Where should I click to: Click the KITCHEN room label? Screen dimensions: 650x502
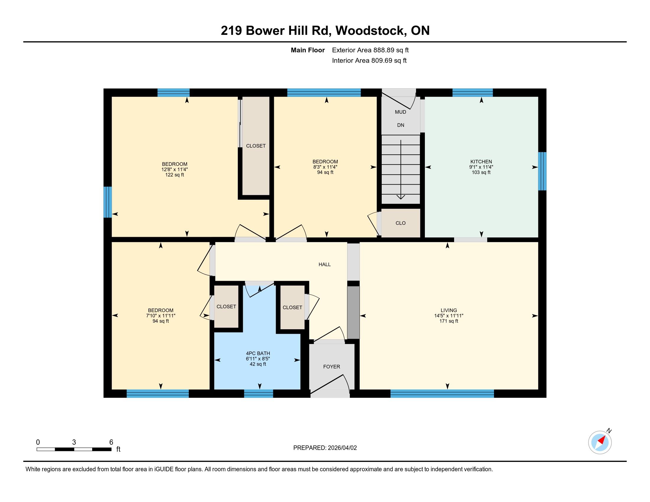tap(481, 162)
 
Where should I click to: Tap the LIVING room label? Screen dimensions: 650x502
tap(449, 310)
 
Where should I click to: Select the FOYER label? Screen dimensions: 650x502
tap(331, 367)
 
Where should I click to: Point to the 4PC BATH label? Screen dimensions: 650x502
tap(258, 353)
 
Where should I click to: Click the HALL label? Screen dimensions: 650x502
tap(325, 264)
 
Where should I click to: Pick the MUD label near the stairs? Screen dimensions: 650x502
tap(401, 112)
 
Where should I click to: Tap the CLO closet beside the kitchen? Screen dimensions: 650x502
tap(401, 223)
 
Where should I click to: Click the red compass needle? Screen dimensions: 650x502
tap(602, 440)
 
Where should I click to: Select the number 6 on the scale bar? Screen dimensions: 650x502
tap(111, 442)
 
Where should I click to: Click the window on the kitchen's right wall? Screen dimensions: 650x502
tap(542, 171)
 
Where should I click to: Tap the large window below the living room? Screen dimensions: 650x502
tap(442, 393)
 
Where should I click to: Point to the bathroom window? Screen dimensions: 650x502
tap(259, 393)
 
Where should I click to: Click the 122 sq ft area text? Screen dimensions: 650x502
tap(175, 175)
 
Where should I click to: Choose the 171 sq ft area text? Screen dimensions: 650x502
tap(449, 321)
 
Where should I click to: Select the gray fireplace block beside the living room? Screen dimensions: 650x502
tap(354, 312)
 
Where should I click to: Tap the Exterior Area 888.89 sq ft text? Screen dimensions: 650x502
tap(370, 50)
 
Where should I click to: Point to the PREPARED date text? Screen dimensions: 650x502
tap(325, 448)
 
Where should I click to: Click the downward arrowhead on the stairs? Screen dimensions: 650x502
tap(401, 197)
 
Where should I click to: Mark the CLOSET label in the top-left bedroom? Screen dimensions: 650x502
tap(256, 146)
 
